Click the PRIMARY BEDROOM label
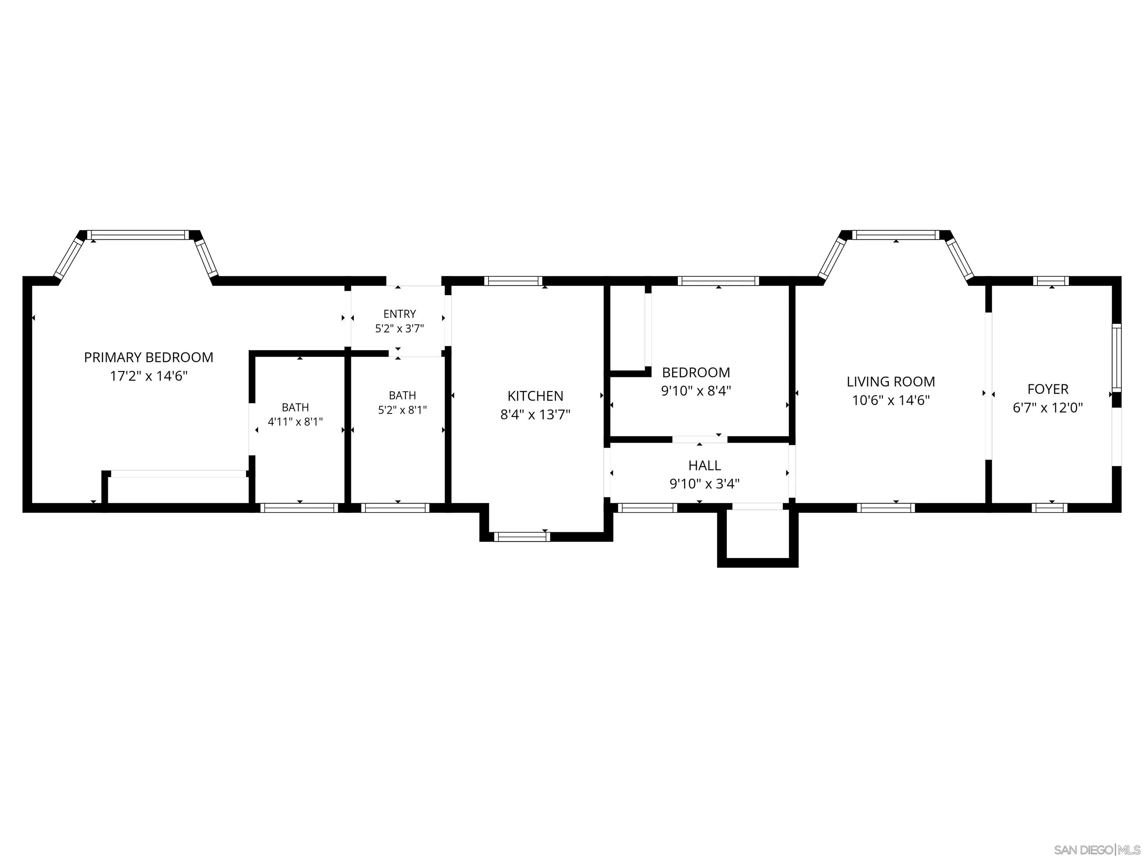tap(149, 357)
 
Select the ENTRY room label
tap(399, 314)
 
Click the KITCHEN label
tap(535, 396)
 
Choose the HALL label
tap(705, 465)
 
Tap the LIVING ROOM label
tap(890, 382)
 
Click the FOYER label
tap(1048, 389)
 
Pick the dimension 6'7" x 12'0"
tap(1048, 407)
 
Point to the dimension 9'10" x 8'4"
tap(696, 391)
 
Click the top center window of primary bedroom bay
tap(138, 235)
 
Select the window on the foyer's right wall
tap(1116, 358)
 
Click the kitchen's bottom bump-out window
tap(522, 537)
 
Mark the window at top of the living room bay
tap(896, 235)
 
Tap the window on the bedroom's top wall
tap(718, 281)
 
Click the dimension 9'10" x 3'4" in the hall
tap(705, 484)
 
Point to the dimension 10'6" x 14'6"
tap(890, 400)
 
